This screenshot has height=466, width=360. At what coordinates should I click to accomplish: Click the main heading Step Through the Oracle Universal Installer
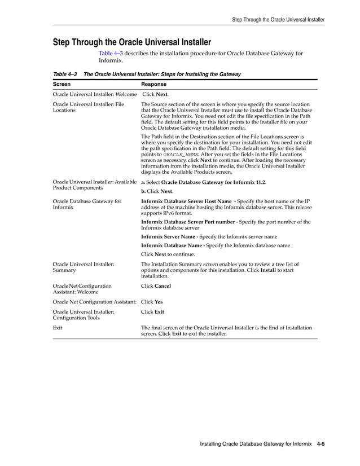pos(131,42)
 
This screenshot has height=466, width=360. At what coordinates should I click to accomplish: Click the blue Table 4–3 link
pos(111,54)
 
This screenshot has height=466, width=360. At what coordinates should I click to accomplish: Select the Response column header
pos(153,84)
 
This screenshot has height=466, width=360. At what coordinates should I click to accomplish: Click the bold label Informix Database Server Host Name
pos(186,201)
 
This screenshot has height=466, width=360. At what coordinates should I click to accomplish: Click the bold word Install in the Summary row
pos(268,270)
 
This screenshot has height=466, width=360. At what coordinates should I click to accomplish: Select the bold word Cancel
pos(163,286)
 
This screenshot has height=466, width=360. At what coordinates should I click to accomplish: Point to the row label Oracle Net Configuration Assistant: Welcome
pos(82,289)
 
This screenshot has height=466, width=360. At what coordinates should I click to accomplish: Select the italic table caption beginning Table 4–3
pos(147,74)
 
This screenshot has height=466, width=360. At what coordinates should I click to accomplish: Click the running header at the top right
pos(278,19)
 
